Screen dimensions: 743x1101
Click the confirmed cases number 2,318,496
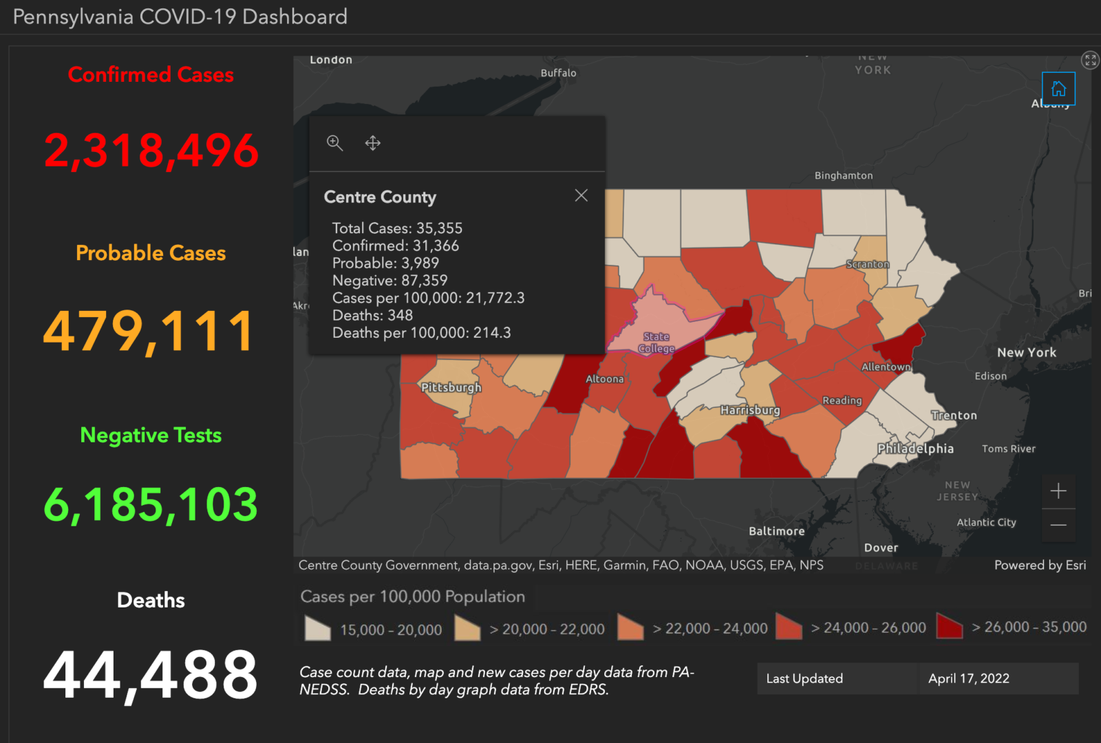[151, 151]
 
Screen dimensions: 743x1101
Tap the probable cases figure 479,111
[149, 331]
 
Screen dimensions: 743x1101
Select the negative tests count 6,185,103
[151, 504]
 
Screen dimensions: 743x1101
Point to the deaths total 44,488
[151, 676]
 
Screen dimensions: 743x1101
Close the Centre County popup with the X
[581, 195]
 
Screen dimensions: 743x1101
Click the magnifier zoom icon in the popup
[335, 143]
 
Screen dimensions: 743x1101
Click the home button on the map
[1058, 89]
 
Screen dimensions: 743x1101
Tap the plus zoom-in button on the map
[1058, 491]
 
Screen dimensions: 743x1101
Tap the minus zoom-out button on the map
[1058, 525]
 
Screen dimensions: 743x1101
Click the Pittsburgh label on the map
[451, 387]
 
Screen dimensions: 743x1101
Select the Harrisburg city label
[750, 410]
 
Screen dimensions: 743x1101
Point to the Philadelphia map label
[915, 449]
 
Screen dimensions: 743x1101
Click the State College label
[656, 343]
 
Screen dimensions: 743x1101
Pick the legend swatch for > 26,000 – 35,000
[950, 627]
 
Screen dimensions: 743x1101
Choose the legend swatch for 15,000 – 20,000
[318, 628]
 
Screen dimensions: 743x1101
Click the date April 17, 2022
[968, 678]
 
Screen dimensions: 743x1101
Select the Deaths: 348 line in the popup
[372, 315]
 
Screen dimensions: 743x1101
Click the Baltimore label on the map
[776, 531]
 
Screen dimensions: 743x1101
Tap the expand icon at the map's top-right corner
[1090, 60]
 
